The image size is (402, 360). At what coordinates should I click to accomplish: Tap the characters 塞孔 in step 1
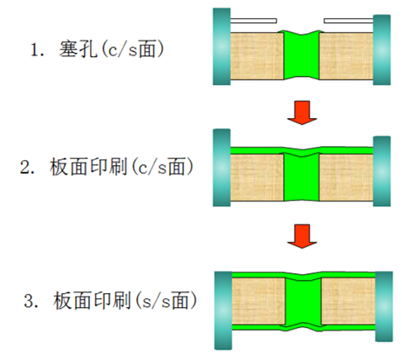click(x=78, y=49)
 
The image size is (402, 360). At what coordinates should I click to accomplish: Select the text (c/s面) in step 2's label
click(x=163, y=167)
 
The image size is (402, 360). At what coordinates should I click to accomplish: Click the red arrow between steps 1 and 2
click(x=302, y=112)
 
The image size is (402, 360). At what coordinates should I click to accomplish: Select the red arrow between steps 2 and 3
click(x=302, y=236)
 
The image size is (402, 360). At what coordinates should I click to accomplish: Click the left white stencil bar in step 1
click(x=253, y=21)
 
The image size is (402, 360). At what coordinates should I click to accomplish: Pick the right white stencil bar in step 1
click(x=348, y=21)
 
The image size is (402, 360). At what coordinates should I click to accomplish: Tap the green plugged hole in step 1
click(x=301, y=55)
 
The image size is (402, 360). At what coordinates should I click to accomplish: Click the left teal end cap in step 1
click(x=221, y=46)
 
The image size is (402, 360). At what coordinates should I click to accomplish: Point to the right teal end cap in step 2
click(x=382, y=171)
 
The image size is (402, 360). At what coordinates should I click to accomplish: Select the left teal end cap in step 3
click(x=223, y=310)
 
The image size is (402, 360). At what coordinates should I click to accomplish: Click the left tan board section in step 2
click(x=257, y=178)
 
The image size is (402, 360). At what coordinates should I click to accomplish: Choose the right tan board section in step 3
click(x=348, y=301)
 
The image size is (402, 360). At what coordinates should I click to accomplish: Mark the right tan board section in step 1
click(x=346, y=56)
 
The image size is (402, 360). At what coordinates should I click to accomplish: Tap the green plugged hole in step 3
click(x=303, y=301)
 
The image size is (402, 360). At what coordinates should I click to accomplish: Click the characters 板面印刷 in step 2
click(x=88, y=167)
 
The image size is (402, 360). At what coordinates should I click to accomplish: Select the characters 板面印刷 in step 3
click(x=92, y=301)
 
